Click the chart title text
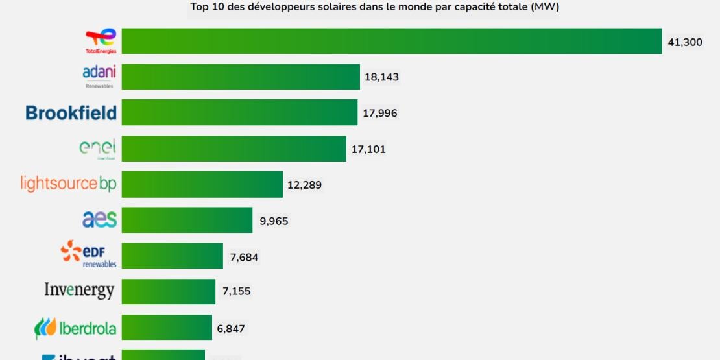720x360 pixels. tap(374, 8)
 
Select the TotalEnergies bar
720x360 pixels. tap(392, 41)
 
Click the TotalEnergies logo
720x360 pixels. tap(101, 41)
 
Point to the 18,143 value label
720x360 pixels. tap(381, 77)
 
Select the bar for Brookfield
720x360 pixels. tap(239, 112)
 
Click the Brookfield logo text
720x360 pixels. tap(71, 113)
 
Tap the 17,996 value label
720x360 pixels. tap(380, 113)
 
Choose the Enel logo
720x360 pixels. tap(97, 149)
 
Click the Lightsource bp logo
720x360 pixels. tap(68, 184)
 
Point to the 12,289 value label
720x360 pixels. tap(304, 185)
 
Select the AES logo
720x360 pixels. tap(99, 220)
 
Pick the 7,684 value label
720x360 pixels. tap(244, 258)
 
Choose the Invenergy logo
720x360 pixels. tap(79, 291)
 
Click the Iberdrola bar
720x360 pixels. tap(167, 328)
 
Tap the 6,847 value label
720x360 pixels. tap(231, 328)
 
